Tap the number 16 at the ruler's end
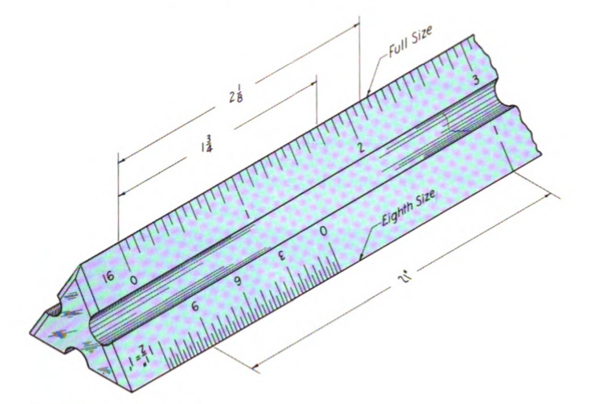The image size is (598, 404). tap(109, 276)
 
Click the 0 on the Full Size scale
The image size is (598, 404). tap(134, 280)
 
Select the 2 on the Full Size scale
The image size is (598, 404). tap(361, 147)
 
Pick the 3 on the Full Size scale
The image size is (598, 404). tap(475, 80)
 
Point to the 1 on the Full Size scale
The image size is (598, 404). tap(249, 213)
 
